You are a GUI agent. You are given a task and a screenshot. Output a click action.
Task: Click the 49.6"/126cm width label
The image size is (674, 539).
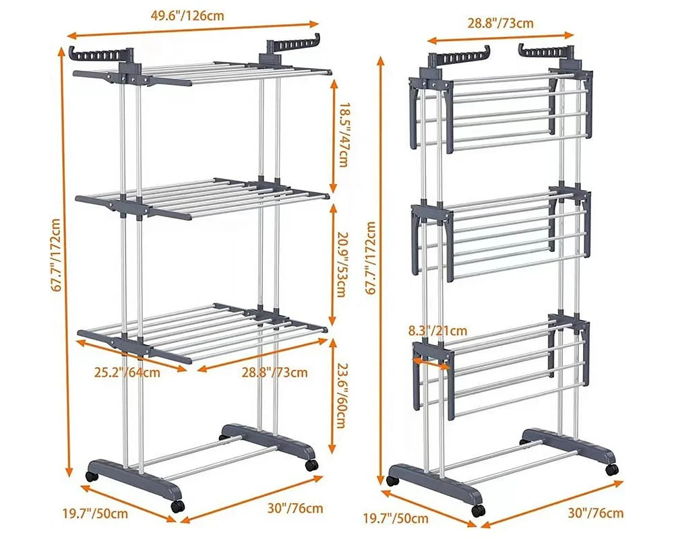[x=187, y=15]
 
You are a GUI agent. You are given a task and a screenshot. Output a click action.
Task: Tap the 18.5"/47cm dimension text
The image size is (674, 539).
[x=342, y=135]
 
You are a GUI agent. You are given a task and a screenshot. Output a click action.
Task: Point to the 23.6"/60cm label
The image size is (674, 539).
[x=340, y=395]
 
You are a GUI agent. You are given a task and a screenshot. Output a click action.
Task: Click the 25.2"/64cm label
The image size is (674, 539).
[x=127, y=371]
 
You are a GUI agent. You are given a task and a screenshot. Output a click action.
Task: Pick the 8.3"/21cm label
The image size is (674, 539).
[x=437, y=331]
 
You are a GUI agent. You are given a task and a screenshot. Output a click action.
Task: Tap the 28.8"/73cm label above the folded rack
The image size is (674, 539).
[x=500, y=23]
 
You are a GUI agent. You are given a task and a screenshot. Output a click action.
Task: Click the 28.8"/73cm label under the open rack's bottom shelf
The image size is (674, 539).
[x=274, y=372]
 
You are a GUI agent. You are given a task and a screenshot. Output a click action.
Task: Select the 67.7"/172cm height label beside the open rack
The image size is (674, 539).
[x=57, y=255]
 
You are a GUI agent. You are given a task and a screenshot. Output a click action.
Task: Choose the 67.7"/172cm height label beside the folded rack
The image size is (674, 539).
[x=371, y=257]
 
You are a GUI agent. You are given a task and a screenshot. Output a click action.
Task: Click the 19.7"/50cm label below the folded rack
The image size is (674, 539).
[x=396, y=518]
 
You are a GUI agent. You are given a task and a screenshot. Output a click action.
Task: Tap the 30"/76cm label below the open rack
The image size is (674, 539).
[x=295, y=509]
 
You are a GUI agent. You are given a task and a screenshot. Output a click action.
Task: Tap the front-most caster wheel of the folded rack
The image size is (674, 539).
[x=479, y=510]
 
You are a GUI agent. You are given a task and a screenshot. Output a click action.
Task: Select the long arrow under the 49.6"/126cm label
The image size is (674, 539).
[x=195, y=29]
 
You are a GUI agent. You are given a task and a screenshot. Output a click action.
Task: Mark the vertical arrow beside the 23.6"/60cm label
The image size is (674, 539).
[x=332, y=396]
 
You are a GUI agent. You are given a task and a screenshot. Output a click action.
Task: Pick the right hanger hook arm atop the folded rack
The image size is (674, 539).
[x=547, y=51]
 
